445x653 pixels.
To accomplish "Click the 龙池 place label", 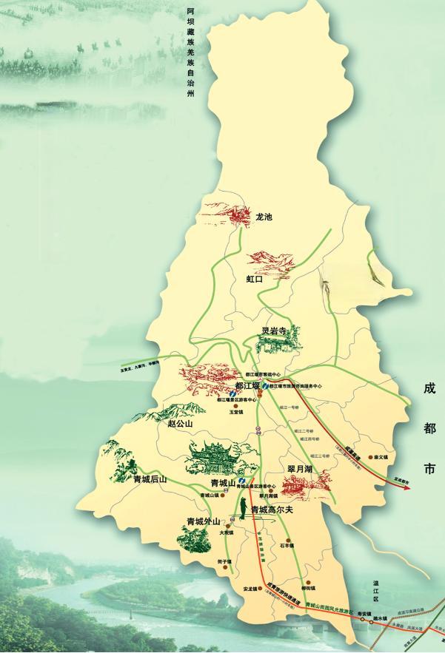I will [264, 217].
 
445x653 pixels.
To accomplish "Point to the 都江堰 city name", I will [247, 386].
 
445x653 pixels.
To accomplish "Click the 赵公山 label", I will [179, 424].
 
